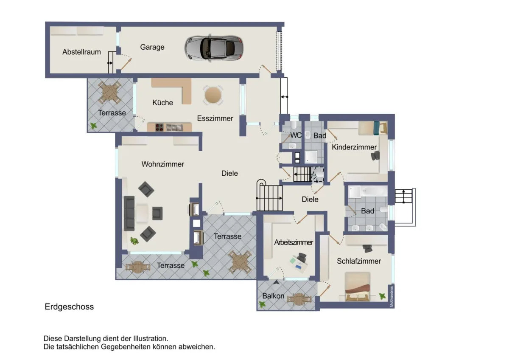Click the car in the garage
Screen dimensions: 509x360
tap(214, 48)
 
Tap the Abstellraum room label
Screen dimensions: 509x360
tap(81, 52)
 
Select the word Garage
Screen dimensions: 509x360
tap(152, 47)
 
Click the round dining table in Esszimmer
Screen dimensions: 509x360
tap(213, 95)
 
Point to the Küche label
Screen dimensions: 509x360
tap(163, 103)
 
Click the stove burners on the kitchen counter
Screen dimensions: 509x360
tap(159, 127)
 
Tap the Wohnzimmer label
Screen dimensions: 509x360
tap(163, 164)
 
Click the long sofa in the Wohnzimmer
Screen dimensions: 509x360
tap(129, 213)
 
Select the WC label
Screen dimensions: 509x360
tap(296, 135)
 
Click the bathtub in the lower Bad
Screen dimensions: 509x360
tap(374, 191)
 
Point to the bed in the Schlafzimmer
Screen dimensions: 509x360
tap(358, 287)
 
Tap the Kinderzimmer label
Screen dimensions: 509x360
tap(354, 147)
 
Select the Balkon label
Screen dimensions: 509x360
tap(273, 296)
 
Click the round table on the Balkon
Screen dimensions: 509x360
tap(299, 299)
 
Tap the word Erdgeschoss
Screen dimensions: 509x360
tap(69, 307)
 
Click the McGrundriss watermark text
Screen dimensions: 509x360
tap(392, 296)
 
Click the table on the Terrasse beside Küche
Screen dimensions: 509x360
tap(109, 92)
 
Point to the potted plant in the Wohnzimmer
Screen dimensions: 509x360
tap(134, 241)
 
